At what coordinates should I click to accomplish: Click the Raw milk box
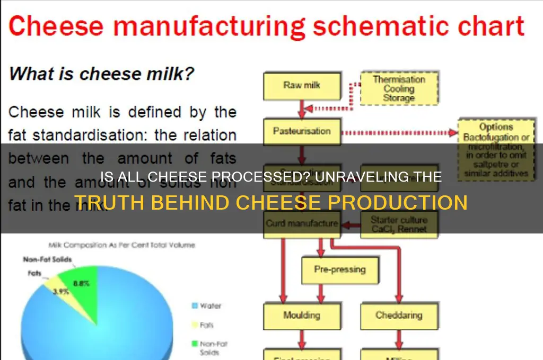pyautogui.click(x=302, y=85)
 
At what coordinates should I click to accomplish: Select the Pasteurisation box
pyautogui.click(x=302, y=131)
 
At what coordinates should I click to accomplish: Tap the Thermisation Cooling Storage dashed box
pyautogui.click(x=399, y=88)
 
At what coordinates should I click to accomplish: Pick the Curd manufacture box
pyautogui.click(x=301, y=223)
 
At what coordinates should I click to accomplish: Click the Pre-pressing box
pyautogui.click(x=340, y=269)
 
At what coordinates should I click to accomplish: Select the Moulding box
pyautogui.click(x=301, y=316)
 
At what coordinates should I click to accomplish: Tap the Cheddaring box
pyautogui.click(x=398, y=316)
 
